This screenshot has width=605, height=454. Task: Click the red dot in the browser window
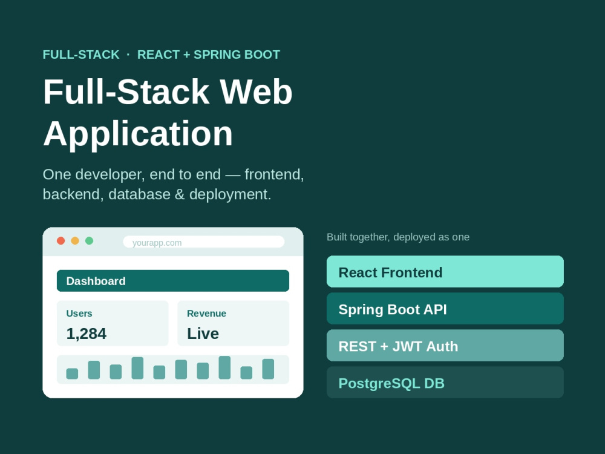point(60,241)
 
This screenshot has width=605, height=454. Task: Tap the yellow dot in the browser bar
point(75,241)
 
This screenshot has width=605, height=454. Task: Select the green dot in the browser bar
point(89,241)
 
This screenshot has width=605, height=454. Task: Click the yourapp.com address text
point(157,243)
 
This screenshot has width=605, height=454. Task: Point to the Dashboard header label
point(96,281)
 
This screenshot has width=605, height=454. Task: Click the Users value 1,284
point(86,334)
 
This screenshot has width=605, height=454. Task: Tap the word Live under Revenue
point(203,334)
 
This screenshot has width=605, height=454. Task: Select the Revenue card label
point(206,314)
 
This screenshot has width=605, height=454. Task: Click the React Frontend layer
point(445,271)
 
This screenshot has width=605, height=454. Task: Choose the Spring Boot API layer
point(445,309)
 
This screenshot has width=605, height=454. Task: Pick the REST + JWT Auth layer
point(445,345)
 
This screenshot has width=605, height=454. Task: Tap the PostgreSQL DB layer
point(445,382)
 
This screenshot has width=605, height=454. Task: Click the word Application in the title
point(138,134)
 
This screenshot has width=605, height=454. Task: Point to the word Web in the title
point(256,92)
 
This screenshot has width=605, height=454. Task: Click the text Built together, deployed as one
point(398,237)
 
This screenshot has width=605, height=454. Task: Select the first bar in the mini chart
point(72,373)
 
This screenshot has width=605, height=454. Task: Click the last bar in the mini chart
point(268,369)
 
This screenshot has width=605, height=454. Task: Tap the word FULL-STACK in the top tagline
point(81,54)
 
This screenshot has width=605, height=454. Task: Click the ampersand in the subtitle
point(180,194)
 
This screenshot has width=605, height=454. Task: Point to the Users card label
point(79,314)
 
